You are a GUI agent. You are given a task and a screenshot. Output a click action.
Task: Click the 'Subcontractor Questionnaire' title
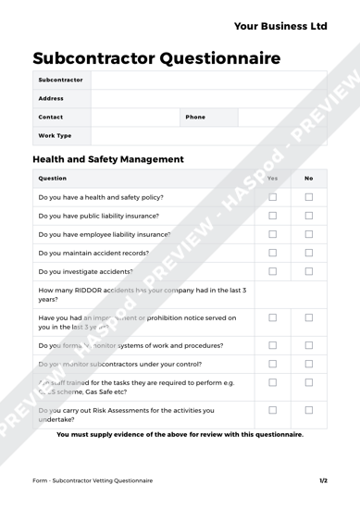pos(156,59)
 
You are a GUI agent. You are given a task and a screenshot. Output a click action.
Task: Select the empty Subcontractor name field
pos(208,81)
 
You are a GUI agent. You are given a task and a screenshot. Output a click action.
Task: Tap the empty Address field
pos(208,98)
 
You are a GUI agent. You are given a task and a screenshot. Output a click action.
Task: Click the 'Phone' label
pos(195,118)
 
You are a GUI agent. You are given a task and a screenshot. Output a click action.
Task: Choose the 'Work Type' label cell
pos(55,136)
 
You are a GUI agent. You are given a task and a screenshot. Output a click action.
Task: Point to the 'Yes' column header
pos(272,178)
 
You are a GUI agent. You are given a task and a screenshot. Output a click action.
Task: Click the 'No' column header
pos(308,178)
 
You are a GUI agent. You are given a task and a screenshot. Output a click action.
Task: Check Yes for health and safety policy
pos(272,197)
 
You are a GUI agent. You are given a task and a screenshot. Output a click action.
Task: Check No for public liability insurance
pos(308,216)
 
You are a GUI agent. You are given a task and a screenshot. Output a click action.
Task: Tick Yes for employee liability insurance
pos(272,234)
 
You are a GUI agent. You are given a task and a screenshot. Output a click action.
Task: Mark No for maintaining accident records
pos(308,253)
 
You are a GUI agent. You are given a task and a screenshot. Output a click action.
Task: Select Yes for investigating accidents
pos(272,271)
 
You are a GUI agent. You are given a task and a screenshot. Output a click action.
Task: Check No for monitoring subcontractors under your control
pos(308,360)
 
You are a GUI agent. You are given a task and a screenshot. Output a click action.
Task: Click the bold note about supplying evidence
pos(180,434)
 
